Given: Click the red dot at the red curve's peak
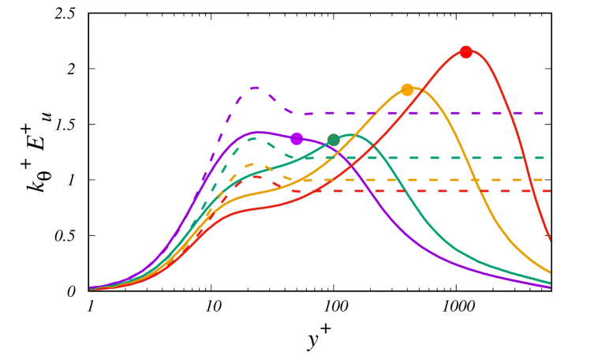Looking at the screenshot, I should point(466,52).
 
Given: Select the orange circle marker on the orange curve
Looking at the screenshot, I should point(407,89).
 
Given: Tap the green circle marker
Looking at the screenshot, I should point(333,141).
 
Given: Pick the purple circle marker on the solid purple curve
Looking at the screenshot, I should point(297,139).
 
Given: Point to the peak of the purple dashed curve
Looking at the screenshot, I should point(256,88).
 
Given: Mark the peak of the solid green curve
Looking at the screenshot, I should point(352,135).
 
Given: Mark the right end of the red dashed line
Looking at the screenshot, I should point(549,191).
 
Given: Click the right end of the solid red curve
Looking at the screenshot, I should point(551,240).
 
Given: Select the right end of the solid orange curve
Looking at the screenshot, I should point(551,272).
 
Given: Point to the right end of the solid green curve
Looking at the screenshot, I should point(551,283).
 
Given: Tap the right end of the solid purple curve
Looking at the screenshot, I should point(551,287).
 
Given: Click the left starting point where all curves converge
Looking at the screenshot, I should point(91,289).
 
